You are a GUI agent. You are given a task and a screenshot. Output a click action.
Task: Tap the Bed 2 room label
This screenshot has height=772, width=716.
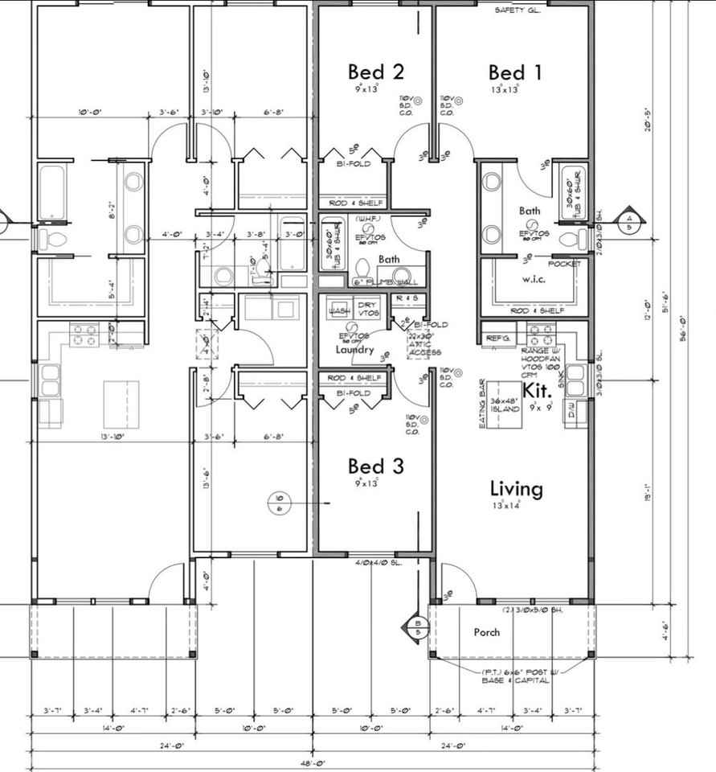(375, 72)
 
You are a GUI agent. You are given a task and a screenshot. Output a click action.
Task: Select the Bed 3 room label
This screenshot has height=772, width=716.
(375, 466)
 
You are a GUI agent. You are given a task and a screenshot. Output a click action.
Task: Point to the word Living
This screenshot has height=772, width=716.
(516, 488)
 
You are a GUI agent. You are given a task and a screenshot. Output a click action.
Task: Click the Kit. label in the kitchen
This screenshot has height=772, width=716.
(536, 390)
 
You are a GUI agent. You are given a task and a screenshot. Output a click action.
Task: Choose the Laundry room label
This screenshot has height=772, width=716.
(354, 350)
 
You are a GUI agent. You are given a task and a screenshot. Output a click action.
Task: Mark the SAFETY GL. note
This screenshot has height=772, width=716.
(518, 10)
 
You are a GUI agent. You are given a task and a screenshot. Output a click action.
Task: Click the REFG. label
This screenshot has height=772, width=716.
(498, 339)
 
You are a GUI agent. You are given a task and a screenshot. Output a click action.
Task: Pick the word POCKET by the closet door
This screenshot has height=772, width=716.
(563, 264)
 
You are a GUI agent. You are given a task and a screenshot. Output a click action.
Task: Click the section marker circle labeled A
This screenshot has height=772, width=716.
(629, 219)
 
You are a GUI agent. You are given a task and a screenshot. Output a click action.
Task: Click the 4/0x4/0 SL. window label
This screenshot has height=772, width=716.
(378, 562)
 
